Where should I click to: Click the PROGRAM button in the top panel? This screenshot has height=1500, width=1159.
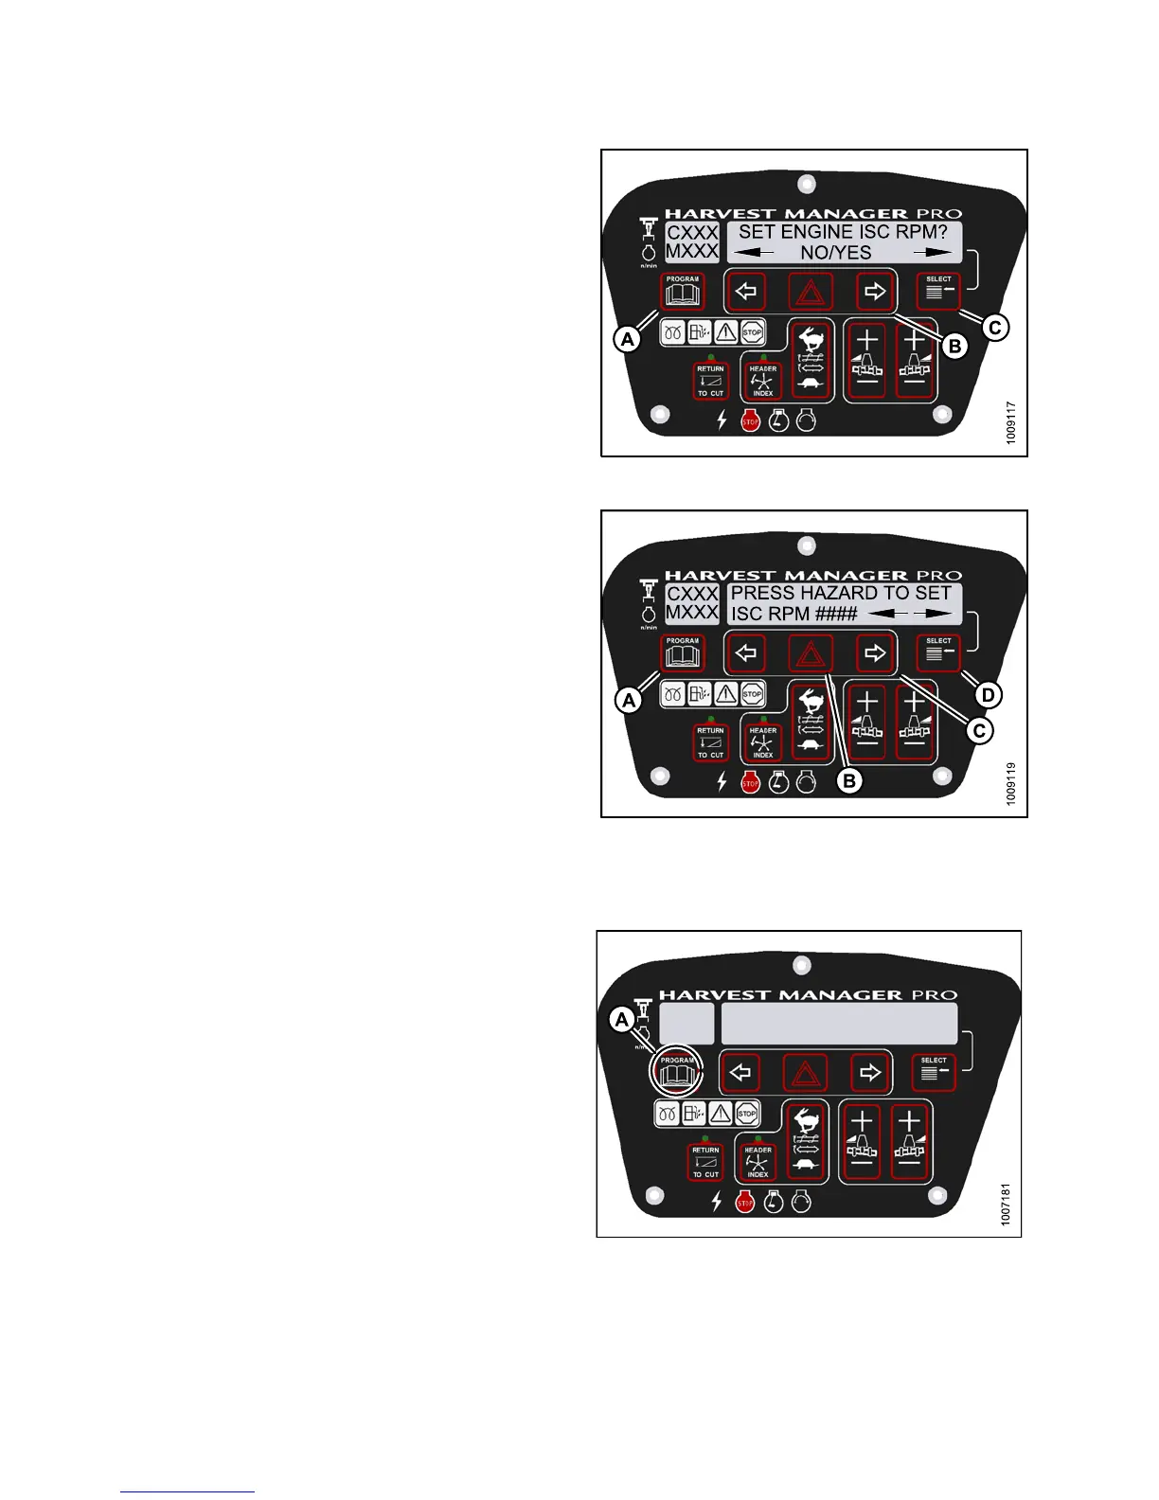[x=682, y=292]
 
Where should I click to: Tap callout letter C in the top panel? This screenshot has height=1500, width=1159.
[x=994, y=328]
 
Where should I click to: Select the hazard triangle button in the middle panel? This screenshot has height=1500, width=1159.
[x=811, y=653]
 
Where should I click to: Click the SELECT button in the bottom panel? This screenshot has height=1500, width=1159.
[x=934, y=1072]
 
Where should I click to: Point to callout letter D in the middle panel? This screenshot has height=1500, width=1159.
[x=987, y=695]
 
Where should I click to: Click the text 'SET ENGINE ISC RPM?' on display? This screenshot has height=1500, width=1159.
[x=843, y=232]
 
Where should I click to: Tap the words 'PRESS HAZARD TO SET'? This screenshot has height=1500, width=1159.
[x=841, y=593]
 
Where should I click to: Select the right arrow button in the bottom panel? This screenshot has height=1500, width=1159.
[x=869, y=1073]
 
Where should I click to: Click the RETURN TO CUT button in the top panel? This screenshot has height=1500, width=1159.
[x=710, y=381]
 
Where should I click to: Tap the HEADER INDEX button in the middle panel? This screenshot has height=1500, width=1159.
[x=762, y=743]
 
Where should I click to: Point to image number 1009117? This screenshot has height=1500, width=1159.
[x=1011, y=422]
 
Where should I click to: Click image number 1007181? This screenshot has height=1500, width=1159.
[x=1006, y=1204]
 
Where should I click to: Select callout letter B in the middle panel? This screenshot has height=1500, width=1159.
[x=849, y=781]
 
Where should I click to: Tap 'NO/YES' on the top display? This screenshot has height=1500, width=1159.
[x=836, y=253]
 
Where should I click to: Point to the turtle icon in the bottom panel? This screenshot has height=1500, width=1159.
[x=806, y=1164]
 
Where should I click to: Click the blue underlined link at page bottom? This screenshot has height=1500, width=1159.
[x=187, y=1491]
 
